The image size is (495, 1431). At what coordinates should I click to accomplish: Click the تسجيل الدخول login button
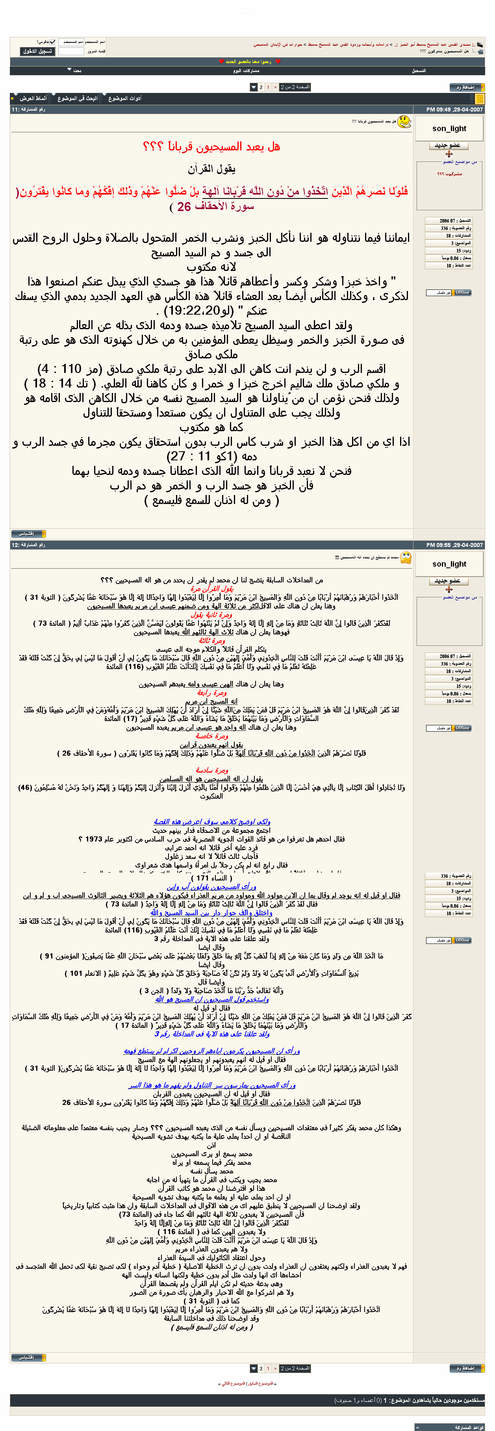(38, 51)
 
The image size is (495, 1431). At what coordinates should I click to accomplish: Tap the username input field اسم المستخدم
(71, 42)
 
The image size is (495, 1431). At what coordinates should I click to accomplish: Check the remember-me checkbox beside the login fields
(53, 42)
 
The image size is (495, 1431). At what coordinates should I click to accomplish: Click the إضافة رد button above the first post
(467, 87)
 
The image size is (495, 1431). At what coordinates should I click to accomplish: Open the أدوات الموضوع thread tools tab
(124, 98)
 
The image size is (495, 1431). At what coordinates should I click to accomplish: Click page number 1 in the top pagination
(268, 87)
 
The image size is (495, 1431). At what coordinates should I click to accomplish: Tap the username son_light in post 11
(449, 128)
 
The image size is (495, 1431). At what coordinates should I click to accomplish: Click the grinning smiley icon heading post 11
(404, 121)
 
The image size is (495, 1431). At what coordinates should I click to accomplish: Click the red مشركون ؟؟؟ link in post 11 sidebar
(449, 174)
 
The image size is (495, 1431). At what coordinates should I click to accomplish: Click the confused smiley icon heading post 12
(406, 557)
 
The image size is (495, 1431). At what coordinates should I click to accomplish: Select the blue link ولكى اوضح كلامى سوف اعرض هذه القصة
(212, 821)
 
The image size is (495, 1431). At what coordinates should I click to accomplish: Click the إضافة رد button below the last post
(467, 1368)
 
